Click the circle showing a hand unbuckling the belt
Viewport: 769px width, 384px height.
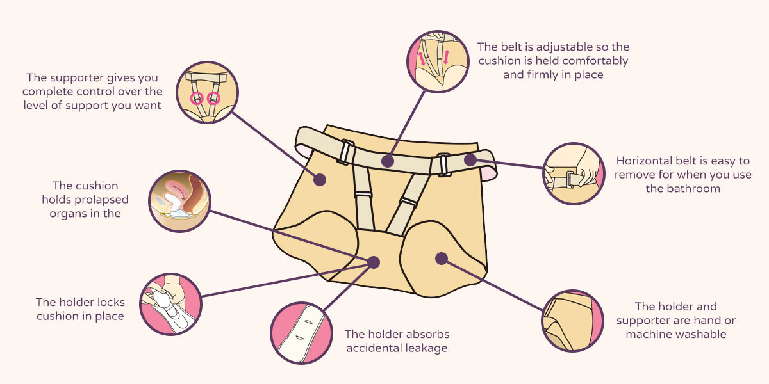pyautogui.click(x=574, y=173)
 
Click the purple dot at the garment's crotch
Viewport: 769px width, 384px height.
pyautogui.click(x=374, y=262)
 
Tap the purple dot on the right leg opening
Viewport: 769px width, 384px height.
pyautogui.click(x=440, y=258)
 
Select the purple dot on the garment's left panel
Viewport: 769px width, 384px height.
pyautogui.click(x=319, y=180)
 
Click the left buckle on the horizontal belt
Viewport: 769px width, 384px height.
pyautogui.click(x=347, y=153)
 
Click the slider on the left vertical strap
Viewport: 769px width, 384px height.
pyautogui.click(x=364, y=195)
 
